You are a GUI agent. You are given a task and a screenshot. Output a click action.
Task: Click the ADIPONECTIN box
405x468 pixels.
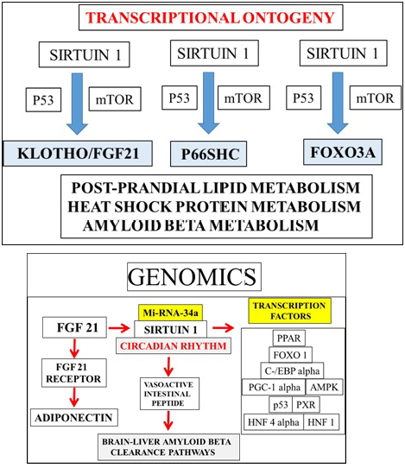click(74, 416)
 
